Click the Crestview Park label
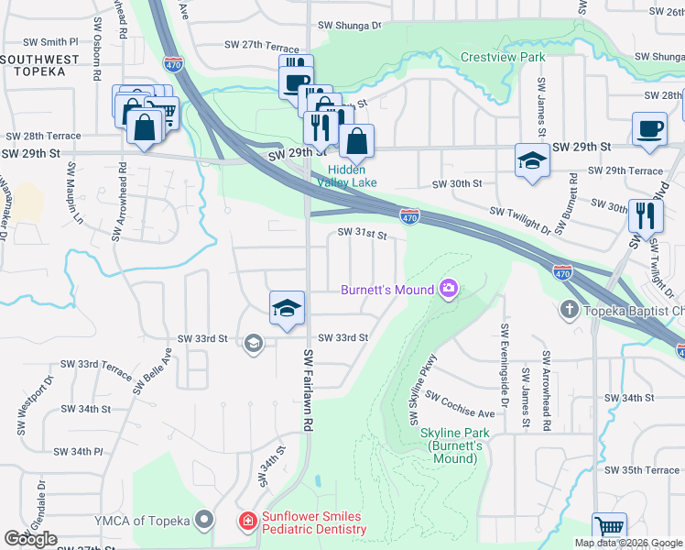pos(503,57)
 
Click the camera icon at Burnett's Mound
pos(449,290)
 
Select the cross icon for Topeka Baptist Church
pos(569,310)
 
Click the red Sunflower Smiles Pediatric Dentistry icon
pos(247,522)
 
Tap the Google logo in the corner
pos(31,539)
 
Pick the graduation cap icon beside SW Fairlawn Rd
pos(287,307)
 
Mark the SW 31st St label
pos(362,234)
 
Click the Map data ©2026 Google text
pos(628,543)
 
